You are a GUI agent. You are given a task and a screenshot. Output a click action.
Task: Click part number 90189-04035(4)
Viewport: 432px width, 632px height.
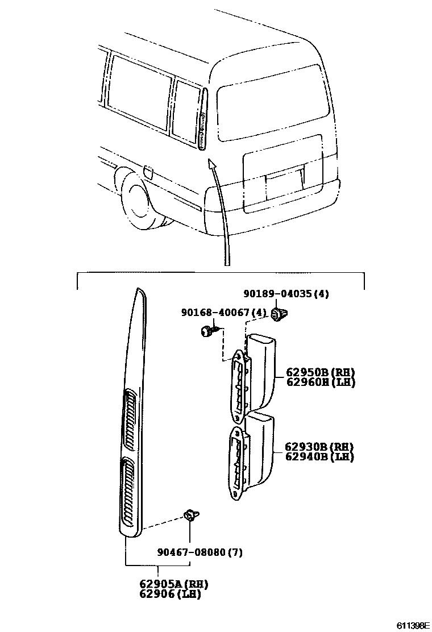(x=286, y=294)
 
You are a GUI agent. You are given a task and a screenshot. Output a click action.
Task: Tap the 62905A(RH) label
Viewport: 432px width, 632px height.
(x=171, y=584)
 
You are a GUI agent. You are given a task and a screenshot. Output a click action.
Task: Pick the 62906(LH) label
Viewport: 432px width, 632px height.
(x=171, y=594)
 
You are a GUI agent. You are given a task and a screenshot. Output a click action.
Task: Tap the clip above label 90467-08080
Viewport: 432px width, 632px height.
(x=191, y=515)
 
